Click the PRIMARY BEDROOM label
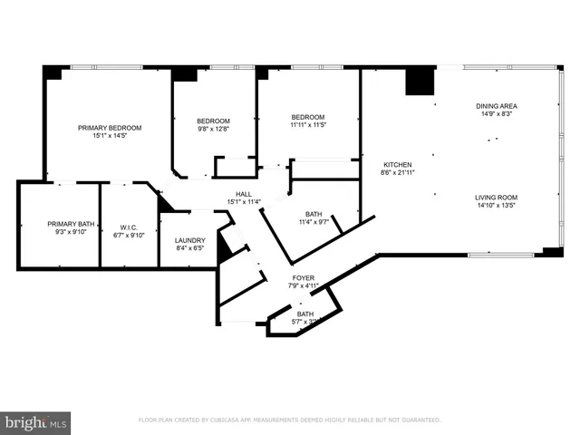click(110, 128)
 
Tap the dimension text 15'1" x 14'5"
click(110, 136)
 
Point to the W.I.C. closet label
click(127, 227)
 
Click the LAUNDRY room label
click(189, 240)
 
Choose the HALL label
click(244, 194)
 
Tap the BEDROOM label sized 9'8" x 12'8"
click(214, 121)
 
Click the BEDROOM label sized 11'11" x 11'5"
click(308, 117)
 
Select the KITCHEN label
click(397, 164)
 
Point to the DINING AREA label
click(495, 106)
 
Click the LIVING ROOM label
click(495, 197)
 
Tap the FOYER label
click(304, 278)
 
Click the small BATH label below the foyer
click(305, 314)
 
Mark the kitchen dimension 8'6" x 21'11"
click(397, 172)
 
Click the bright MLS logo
click(36, 421)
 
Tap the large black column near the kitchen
click(420, 82)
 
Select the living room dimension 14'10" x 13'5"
click(495, 205)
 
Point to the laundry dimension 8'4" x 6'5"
click(189, 248)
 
